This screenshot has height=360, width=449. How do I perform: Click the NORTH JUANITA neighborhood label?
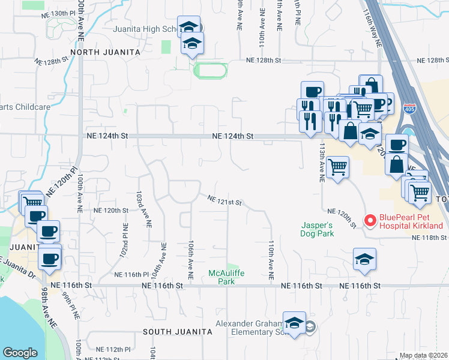tap(105, 52)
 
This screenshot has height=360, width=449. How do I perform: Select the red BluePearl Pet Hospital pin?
tap(370, 221)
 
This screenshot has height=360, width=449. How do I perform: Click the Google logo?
tap(20, 353)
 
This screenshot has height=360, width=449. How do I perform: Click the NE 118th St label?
tap(429, 238)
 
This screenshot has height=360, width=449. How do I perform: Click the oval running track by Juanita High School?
tap(210, 71)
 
